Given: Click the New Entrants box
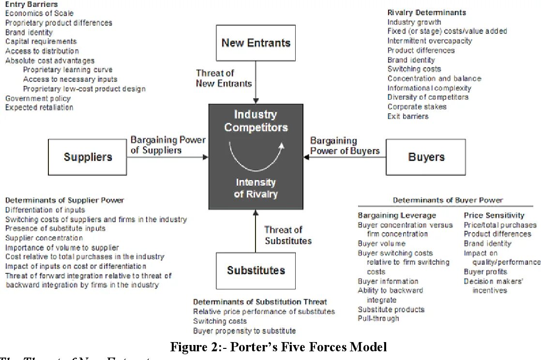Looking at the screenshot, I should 255,43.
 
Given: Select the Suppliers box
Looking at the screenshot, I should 88,157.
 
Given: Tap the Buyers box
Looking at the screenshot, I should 426,157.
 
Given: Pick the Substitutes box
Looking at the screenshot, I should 255,270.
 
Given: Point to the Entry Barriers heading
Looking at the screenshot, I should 31,4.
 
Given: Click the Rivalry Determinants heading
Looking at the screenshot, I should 426,13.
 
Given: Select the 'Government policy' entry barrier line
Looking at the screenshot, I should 38,98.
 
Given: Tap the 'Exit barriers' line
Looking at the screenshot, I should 407,116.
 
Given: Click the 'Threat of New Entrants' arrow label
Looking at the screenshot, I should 224,78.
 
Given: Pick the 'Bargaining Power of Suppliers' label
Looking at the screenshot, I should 168,145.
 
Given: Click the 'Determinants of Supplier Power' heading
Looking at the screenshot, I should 64,200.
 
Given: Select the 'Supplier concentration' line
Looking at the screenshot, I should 44,238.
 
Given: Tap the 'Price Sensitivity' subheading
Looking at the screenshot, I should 494,215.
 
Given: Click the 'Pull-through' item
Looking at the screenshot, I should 378,318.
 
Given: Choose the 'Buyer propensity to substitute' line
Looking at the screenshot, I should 244,331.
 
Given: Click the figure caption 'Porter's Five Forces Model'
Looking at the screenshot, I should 278,347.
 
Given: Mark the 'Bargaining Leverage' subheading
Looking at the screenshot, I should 396,215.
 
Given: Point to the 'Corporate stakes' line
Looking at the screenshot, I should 417,107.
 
